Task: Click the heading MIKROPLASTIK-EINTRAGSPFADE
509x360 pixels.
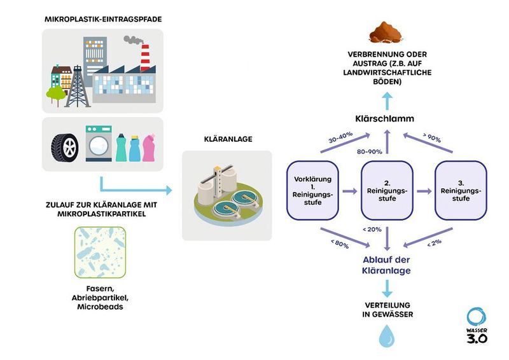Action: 102,20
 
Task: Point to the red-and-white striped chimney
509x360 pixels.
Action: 145,58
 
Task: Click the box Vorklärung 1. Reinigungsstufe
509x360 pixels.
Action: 312,190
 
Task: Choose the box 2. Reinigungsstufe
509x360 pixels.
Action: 387,190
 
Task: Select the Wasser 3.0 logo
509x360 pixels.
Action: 477,327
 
